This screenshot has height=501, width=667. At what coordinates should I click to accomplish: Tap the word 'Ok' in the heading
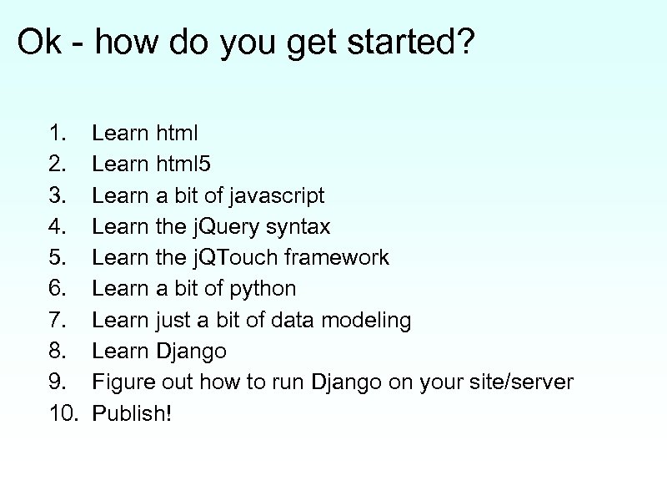pyautogui.click(x=39, y=43)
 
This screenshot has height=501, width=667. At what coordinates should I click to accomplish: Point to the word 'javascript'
pyautogui.click(x=275, y=195)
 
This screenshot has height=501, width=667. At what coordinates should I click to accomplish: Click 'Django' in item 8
pyautogui.click(x=191, y=351)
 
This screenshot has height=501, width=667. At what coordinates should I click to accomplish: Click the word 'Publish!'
pyautogui.click(x=132, y=413)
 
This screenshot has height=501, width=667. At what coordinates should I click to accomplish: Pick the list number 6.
pyautogui.click(x=57, y=289)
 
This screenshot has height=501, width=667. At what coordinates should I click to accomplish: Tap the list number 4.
pyautogui.click(x=57, y=226)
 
